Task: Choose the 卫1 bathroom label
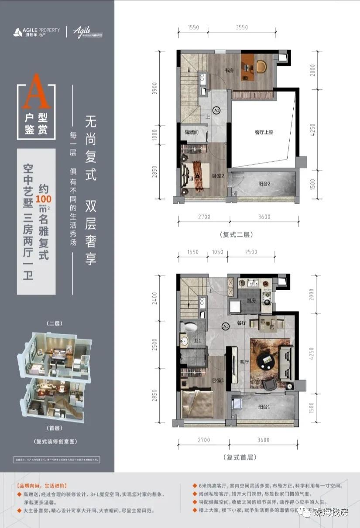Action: click(x=197, y=341)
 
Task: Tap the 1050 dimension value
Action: click(x=217, y=252)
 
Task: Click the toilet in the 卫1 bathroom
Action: click(x=190, y=327)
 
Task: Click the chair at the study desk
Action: click(x=262, y=66)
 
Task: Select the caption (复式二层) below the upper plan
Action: click(x=237, y=234)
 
